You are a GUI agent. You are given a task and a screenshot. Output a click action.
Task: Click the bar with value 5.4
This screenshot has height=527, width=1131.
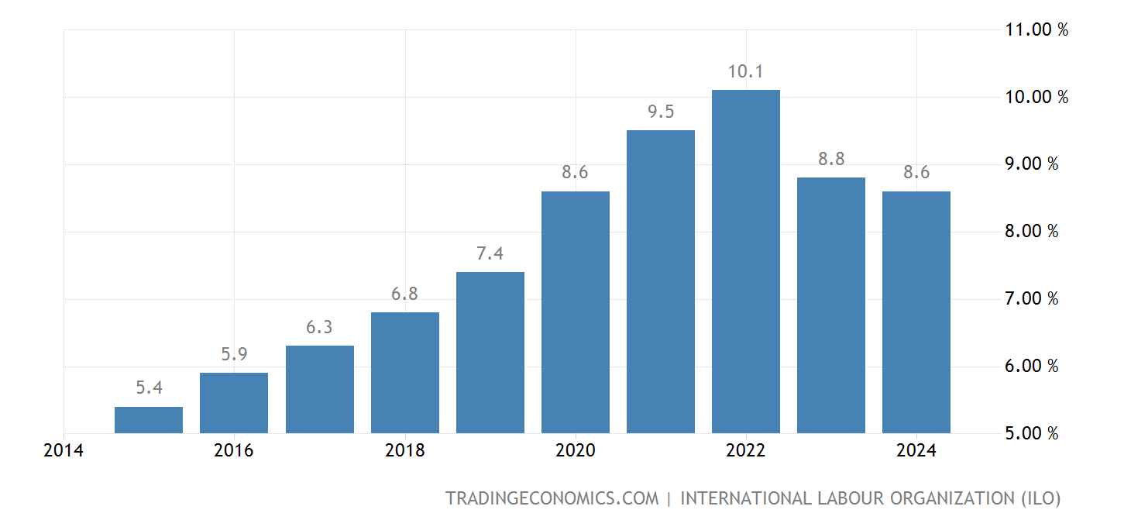(x=149, y=420)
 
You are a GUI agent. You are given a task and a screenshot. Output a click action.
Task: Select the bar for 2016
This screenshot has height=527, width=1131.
(x=234, y=403)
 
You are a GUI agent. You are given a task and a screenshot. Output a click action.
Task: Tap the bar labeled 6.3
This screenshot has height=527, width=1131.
(x=319, y=389)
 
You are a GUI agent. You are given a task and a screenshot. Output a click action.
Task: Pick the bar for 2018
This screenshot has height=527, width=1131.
(x=404, y=373)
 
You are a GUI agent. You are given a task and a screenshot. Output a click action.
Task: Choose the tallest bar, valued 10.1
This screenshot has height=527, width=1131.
(x=745, y=261)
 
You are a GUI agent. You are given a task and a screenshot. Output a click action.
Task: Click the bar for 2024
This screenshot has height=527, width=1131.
(x=916, y=312)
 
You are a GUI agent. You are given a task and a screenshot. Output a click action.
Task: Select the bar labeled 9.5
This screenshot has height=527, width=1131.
(x=660, y=281)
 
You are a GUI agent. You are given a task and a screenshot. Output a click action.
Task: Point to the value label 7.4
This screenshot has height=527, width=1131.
(x=490, y=253)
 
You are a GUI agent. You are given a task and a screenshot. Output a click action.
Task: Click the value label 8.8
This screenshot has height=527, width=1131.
(x=831, y=159)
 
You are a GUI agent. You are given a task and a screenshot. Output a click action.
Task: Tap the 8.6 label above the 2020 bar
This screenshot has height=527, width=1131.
(x=576, y=173)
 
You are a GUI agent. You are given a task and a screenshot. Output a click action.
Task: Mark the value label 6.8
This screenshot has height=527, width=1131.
(x=405, y=294)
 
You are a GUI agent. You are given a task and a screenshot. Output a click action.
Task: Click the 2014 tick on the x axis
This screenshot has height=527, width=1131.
(x=64, y=451)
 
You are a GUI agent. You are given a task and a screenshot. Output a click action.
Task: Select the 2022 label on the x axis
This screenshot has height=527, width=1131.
(x=745, y=451)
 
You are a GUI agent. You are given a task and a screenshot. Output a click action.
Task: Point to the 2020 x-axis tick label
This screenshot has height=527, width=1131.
(x=575, y=451)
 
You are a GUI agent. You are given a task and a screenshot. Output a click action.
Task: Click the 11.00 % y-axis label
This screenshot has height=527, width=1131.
(x=1036, y=30)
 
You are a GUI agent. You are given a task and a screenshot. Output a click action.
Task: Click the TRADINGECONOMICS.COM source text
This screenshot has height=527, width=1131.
(x=552, y=498)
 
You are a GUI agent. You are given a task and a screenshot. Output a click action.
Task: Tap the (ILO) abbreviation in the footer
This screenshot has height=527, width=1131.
(x=1039, y=498)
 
